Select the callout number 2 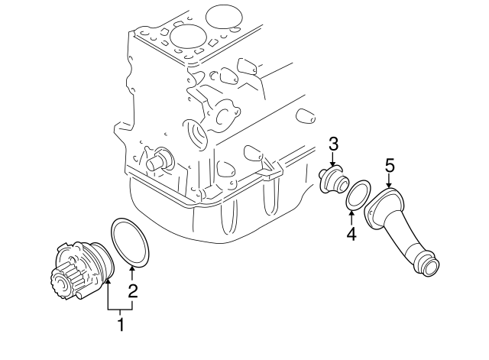click(x=133, y=290)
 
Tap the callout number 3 click(x=333, y=144)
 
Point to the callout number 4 click(x=351, y=234)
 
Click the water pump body click(x=88, y=264)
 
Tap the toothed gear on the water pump click(x=61, y=283)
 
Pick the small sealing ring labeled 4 click(x=356, y=194)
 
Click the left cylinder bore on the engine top click(x=186, y=34)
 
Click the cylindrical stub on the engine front click(x=159, y=161)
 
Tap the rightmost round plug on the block click(x=305, y=116)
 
